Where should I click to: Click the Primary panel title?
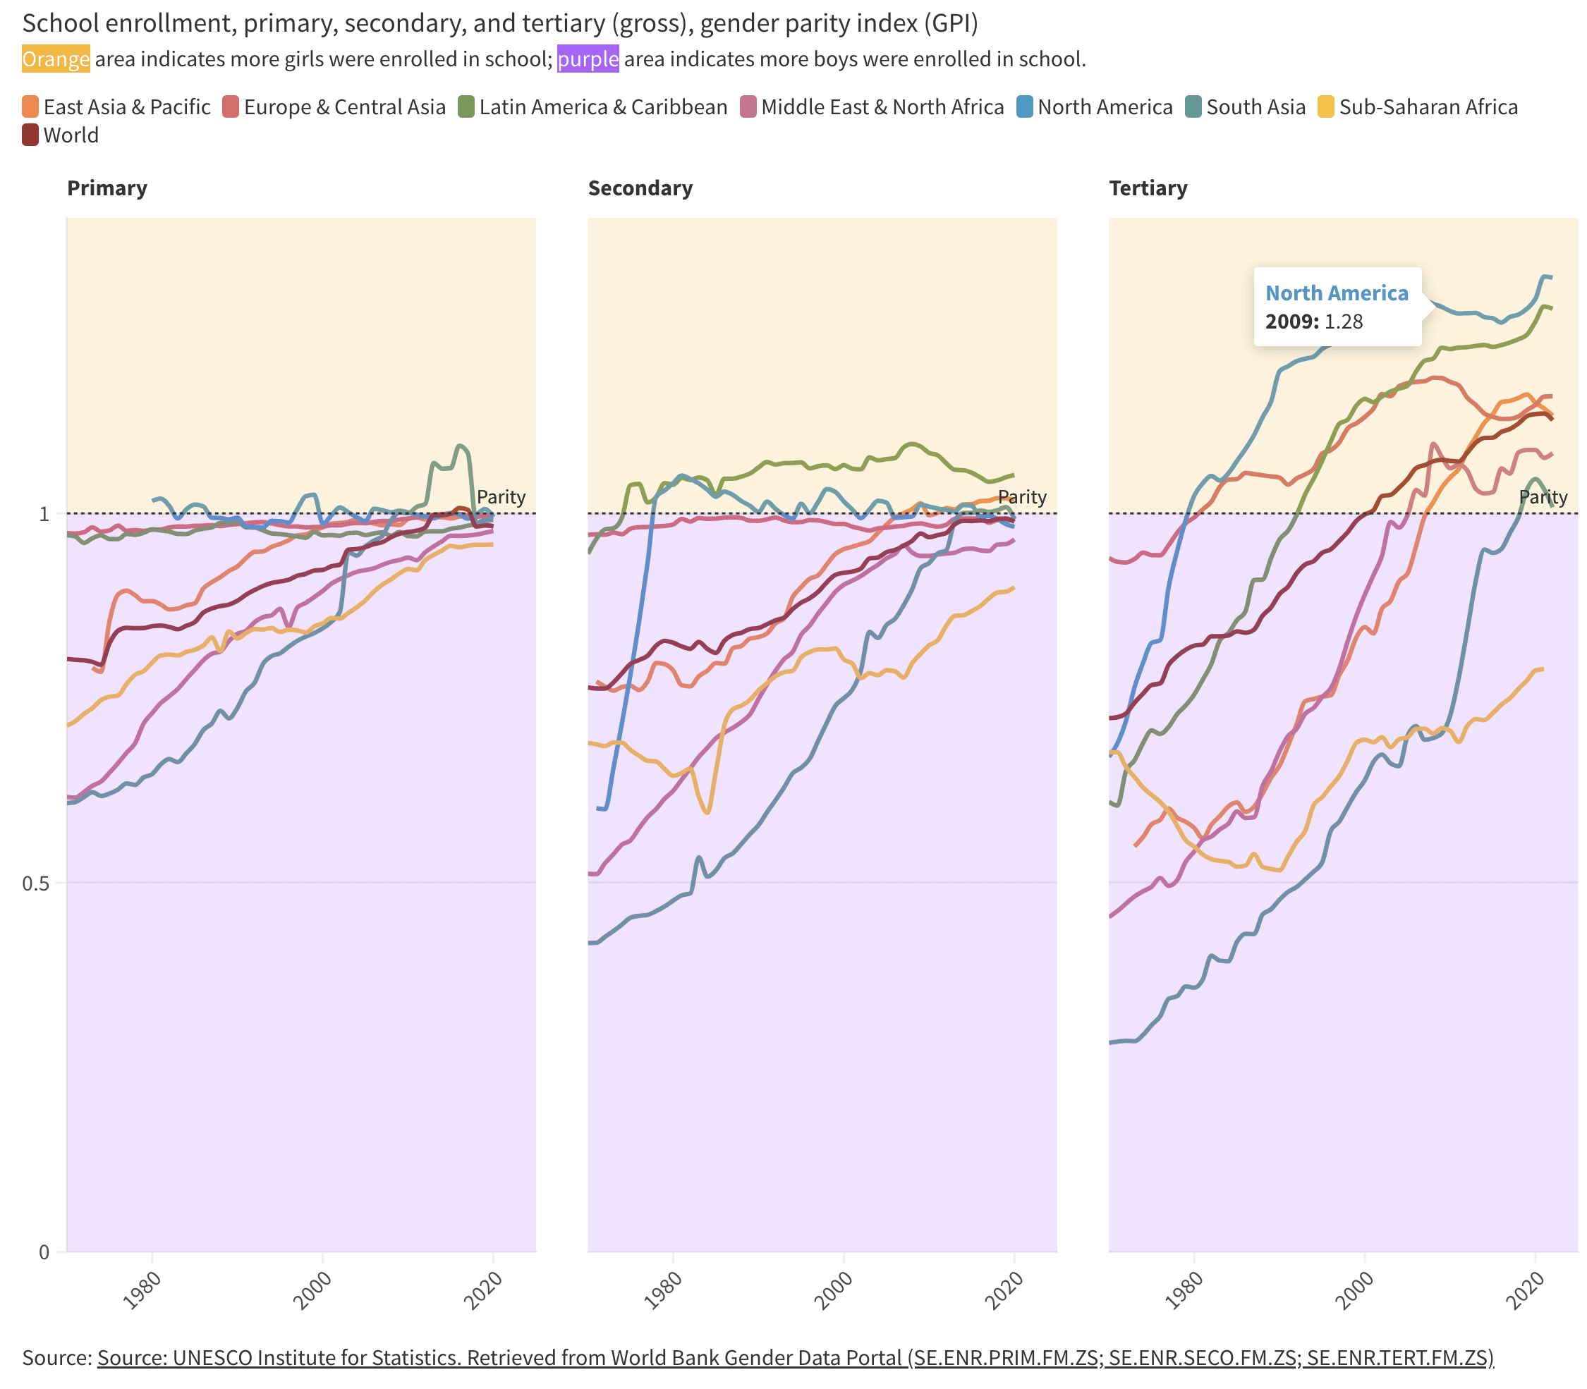pyautogui.click(x=107, y=188)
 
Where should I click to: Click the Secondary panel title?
pyautogui.click(x=640, y=188)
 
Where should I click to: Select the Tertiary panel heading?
pyautogui.click(x=1148, y=188)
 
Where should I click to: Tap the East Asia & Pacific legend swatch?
pyautogui.click(x=30, y=107)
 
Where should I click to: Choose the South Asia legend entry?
pyautogui.click(x=1245, y=107)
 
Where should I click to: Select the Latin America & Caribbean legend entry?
pyautogui.click(x=592, y=107)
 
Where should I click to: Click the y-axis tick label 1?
pyautogui.click(x=44, y=514)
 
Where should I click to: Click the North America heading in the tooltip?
pyautogui.click(x=1336, y=293)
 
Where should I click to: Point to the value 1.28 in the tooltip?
pyautogui.click(x=1343, y=322)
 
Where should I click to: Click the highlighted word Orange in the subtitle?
pyautogui.click(x=56, y=59)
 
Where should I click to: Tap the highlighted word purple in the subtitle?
pyautogui.click(x=588, y=59)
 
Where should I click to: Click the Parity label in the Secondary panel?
pyautogui.click(x=1021, y=497)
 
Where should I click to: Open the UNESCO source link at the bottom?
pyautogui.click(x=795, y=1357)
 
